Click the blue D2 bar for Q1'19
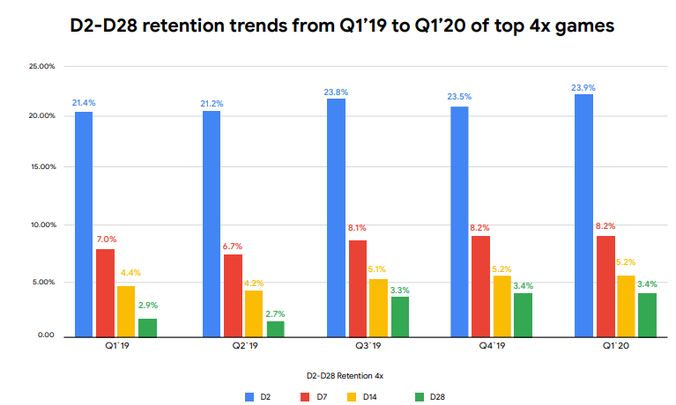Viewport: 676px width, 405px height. coord(84,224)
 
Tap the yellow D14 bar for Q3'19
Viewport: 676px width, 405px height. coord(377,307)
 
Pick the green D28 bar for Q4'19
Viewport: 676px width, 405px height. coord(523,314)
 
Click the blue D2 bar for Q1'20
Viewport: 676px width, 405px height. coord(583,215)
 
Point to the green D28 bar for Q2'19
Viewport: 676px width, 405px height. coord(275,328)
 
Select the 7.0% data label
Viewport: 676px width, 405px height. coord(105,239)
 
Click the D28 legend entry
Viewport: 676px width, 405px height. coord(429,397)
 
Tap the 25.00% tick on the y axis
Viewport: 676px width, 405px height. coord(41,66)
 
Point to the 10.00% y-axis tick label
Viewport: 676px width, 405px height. coord(41,225)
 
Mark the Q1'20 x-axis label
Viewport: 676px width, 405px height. coord(603,348)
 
